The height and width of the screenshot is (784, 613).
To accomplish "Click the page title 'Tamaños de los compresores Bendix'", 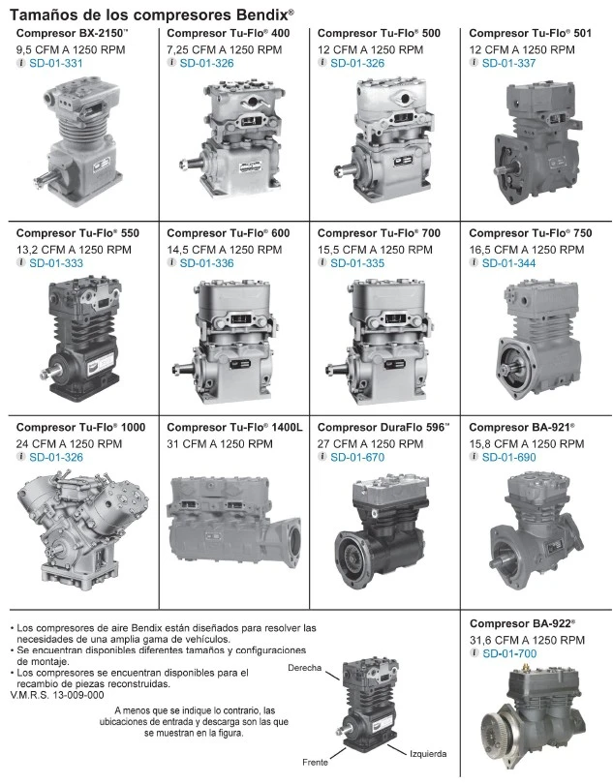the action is point(152,15).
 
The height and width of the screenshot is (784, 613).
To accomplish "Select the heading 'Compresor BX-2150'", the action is point(72,34).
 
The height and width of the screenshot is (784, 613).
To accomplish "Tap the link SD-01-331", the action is point(56,64).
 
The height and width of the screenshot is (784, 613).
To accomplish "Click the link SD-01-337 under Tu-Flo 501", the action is point(509,64).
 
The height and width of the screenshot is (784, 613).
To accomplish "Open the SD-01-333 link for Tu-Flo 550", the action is point(56,263).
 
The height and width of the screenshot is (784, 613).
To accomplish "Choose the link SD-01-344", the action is point(509,263).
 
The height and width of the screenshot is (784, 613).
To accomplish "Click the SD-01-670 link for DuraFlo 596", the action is point(357,458).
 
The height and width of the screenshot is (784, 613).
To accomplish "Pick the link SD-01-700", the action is point(509,654).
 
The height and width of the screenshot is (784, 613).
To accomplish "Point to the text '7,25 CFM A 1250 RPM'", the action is point(224,50).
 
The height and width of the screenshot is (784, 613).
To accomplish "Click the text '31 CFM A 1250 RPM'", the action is point(220,444).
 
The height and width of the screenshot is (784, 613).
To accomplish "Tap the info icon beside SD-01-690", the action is point(474,457).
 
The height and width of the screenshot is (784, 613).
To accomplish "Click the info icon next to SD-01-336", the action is point(171,262).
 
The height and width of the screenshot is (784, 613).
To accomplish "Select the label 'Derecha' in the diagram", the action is point(304,668).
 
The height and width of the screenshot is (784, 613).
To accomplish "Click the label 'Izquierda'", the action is point(428,754).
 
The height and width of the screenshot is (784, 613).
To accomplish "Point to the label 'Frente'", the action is point(316,763).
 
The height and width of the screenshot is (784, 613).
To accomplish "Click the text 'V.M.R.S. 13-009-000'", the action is point(57,696).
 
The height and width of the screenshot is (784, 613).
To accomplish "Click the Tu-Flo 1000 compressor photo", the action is point(81,530).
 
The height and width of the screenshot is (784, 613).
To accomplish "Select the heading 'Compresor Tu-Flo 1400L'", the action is point(234,428).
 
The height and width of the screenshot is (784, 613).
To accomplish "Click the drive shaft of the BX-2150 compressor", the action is point(46,176).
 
